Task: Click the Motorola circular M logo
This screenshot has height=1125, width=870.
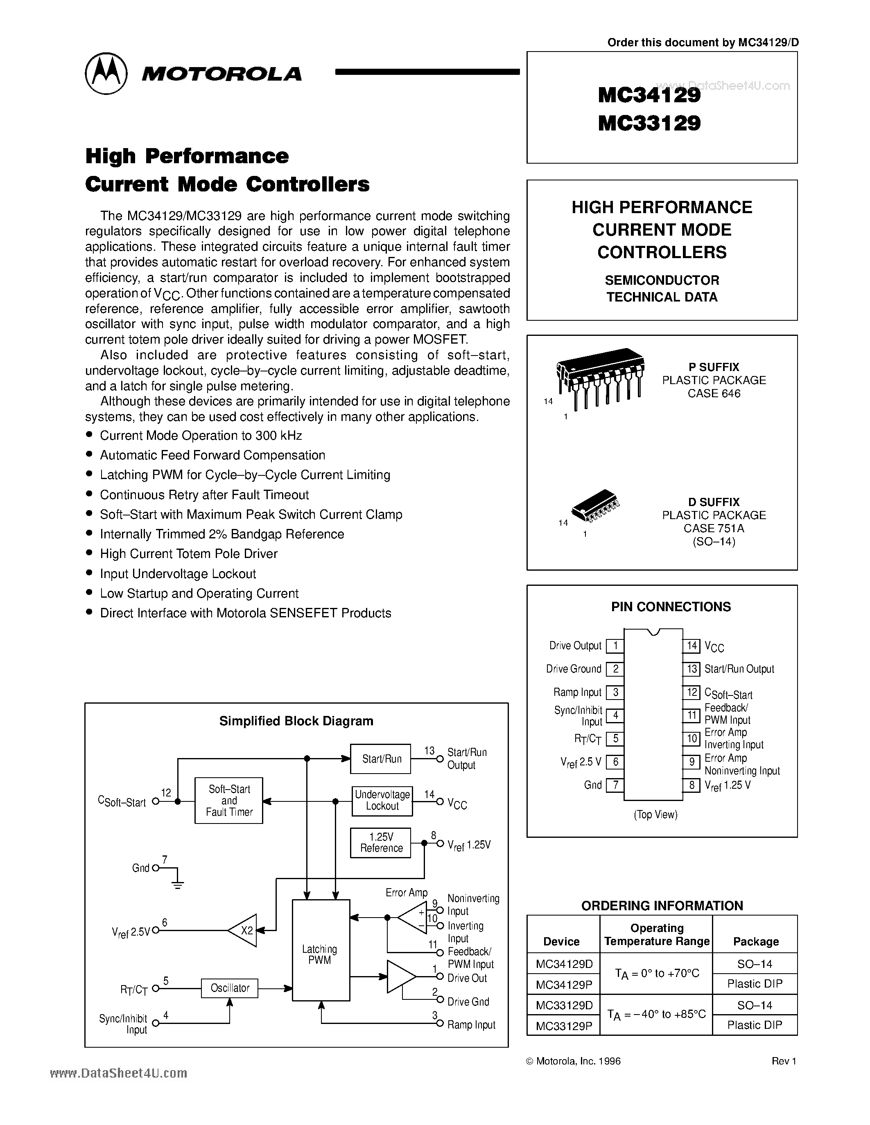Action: tap(106, 73)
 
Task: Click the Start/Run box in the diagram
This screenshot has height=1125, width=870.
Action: tap(381, 759)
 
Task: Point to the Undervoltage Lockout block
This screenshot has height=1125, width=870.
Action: tap(382, 801)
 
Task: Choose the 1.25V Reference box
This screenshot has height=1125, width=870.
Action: tap(380, 843)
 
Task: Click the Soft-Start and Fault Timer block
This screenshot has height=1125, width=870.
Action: tap(229, 801)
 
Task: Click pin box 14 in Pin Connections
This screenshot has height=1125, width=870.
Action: tap(691, 646)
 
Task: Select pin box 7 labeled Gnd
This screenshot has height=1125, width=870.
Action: tap(615, 785)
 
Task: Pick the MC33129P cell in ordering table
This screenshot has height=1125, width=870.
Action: tap(563, 1025)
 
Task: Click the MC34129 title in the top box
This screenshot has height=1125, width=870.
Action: tap(649, 95)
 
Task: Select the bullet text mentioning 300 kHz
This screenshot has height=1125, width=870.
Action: tap(201, 436)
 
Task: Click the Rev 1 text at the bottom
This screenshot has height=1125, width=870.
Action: tap(784, 1061)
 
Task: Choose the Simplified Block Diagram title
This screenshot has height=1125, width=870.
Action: tap(296, 721)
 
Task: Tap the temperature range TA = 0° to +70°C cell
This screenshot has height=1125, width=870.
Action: tap(657, 974)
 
